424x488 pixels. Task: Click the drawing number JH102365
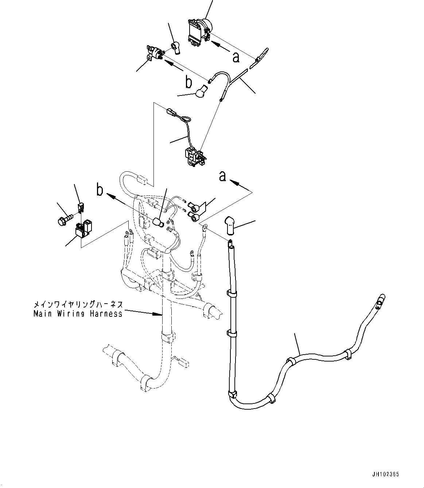click(385, 475)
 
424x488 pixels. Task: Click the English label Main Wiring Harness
click(78, 313)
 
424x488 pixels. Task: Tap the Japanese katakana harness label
click(78, 304)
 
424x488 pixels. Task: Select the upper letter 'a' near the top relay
click(236, 58)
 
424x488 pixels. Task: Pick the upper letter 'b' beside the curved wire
click(188, 82)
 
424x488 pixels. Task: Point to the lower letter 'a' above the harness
click(222, 176)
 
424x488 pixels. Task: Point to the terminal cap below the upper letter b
click(201, 91)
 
